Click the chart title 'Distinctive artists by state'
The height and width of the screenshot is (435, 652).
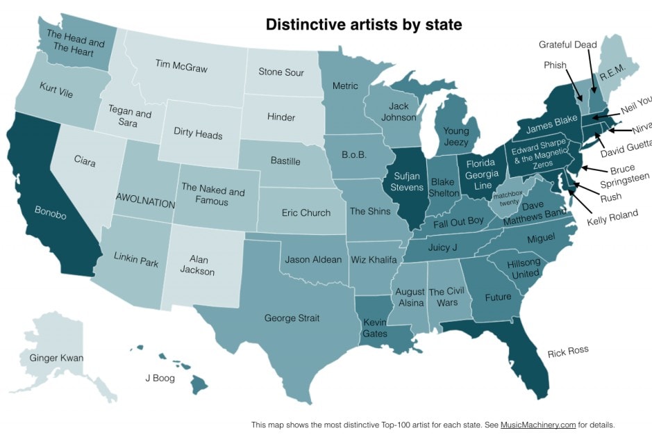[364, 25]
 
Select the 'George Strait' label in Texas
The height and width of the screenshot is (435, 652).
[292, 318]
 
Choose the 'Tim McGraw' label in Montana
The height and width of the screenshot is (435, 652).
[181, 67]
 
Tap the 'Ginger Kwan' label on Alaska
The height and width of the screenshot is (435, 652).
[56, 359]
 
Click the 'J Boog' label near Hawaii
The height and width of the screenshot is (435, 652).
[160, 378]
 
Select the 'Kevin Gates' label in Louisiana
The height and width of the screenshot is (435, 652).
[376, 328]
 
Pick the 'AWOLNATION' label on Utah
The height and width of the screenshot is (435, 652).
[144, 198]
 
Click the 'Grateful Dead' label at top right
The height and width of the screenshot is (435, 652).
[567, 45]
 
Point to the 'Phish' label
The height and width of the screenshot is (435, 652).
[555, 65]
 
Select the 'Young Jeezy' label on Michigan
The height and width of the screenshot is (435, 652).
[455, 136]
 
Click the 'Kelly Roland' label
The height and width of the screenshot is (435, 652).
[612, 215]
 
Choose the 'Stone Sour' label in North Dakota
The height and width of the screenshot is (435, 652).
[281, 72]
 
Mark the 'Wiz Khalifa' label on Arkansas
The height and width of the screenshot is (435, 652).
[374, 260]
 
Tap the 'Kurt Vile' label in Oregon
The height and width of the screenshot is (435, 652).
[57, 92]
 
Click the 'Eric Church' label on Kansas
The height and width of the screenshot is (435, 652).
[306, 213]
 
